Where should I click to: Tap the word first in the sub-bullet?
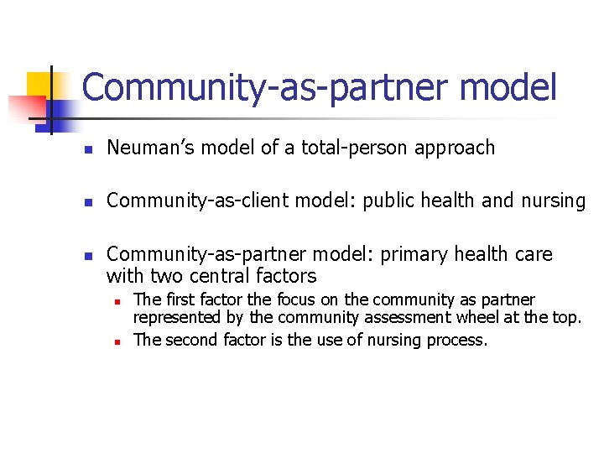coord(180,300)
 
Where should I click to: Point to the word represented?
coord(174,318)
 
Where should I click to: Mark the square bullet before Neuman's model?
coord(87,150)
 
